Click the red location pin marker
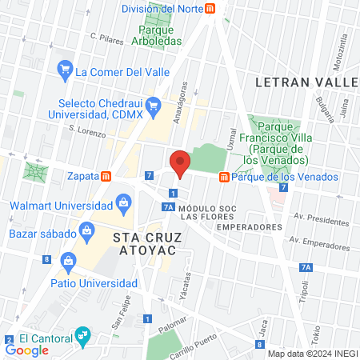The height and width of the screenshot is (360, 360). (x=180, y=164)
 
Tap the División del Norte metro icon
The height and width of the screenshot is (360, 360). (x=210, y=9)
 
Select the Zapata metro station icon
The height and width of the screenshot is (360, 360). (x=106, y=176)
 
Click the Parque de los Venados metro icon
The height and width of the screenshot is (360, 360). (x=224, y=177)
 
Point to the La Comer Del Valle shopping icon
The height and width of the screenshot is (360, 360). (x=65, y=71)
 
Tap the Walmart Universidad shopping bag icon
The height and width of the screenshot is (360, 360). (x=123, y=204)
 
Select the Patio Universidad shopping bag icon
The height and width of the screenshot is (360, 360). (x=69, y=260)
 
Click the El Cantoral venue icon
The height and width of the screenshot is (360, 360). (x=81, y=334)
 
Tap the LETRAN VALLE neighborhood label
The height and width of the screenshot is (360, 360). (x=306, y=82)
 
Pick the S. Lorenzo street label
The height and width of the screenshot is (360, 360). (x=87, y=130)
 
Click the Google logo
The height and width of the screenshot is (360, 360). (x=26, y=350)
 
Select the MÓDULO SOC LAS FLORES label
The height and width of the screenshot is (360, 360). (x=208, y=211)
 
